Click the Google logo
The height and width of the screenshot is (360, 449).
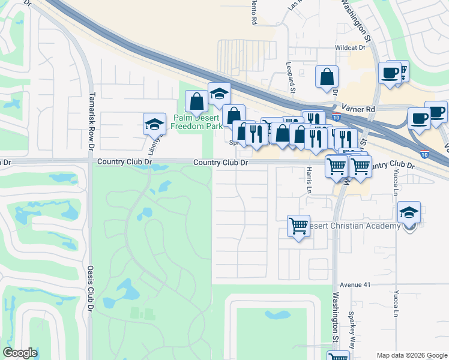click(x=20, y=353)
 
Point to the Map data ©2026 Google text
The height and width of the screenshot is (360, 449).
click(x=411, y=355)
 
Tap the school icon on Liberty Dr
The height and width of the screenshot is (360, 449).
click(x=154, y=124)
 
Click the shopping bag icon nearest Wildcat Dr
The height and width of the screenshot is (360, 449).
click(x=327, y=77)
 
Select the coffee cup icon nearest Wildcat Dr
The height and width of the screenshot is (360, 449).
click(x=389, y=73)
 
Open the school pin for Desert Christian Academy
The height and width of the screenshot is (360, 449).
click(x=409, y=213)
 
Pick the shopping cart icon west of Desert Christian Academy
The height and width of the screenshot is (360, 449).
click(x=298, y=226)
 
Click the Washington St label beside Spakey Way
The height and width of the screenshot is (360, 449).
click(x=334, y=318)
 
